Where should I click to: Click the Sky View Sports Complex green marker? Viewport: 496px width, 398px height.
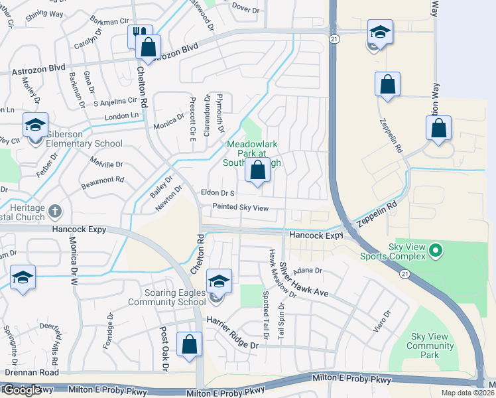click(x=435, y=250)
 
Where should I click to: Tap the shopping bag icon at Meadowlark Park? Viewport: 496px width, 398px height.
click(x=257, y=170)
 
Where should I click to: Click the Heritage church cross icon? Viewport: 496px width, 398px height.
click(x=55, y=211)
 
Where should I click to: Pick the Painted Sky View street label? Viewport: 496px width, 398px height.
click(x=240, y=208)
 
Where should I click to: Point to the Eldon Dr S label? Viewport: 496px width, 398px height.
click(x=217, y=193)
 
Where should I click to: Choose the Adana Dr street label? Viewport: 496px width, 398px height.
click(x=309, y=270)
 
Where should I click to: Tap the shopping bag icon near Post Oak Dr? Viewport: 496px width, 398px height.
click(x=189, y=344)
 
